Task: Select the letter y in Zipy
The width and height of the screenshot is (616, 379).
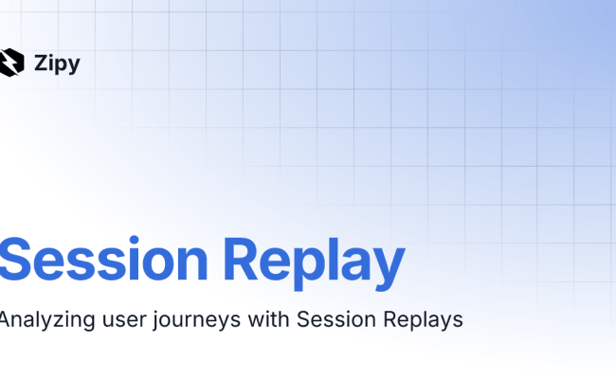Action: pyautogui.click(x=75, y=66)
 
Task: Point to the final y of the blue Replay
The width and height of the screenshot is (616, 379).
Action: pyautogui.click(x=390, y=267)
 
